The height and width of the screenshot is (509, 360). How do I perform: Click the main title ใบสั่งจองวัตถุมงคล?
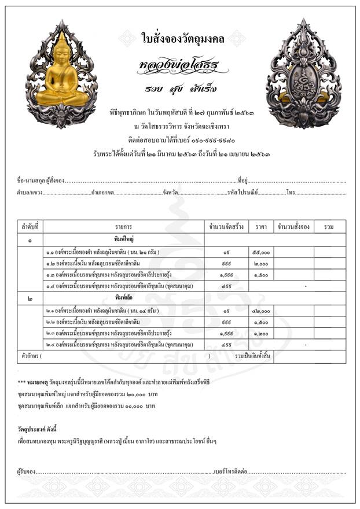coord(179,39)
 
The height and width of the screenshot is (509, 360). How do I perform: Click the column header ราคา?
coord(261,227)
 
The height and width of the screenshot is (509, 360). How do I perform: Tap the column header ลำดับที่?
coord(30,227)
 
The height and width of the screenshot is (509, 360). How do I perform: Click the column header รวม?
coord(329,227)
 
